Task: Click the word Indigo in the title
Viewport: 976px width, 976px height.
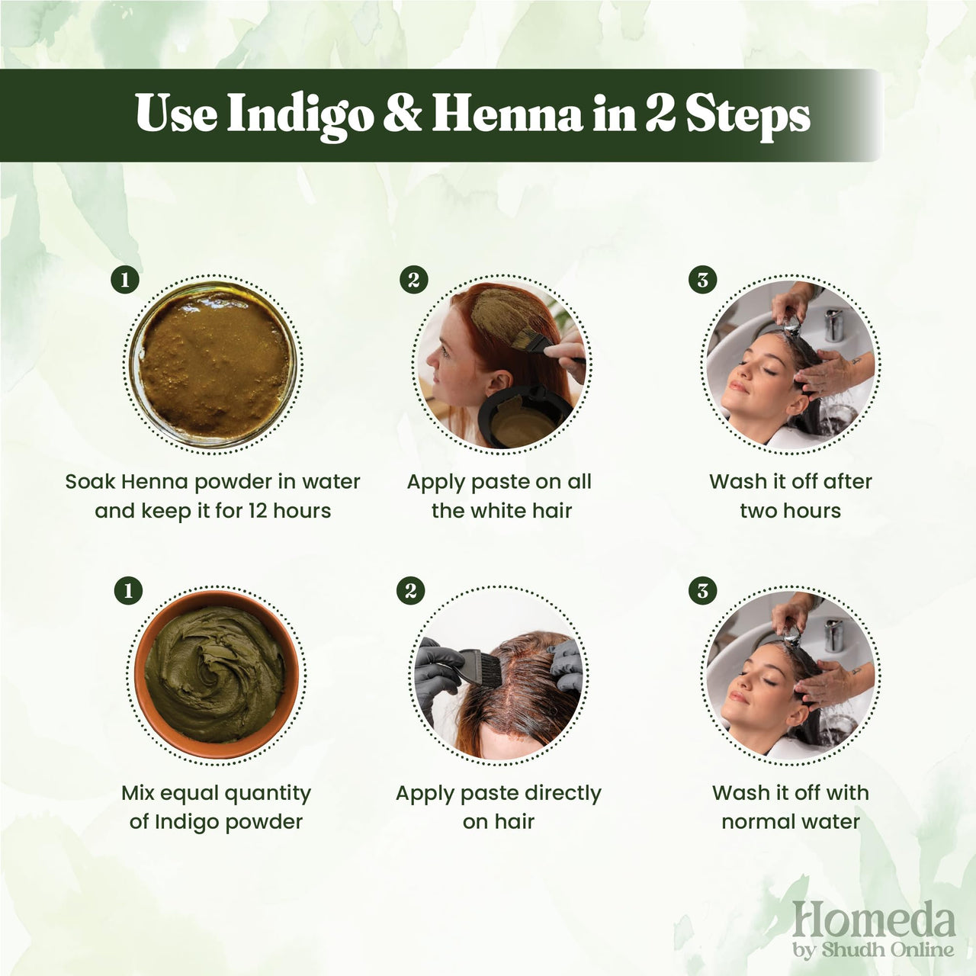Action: (300, 116)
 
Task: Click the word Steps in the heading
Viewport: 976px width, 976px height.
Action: (746, 116)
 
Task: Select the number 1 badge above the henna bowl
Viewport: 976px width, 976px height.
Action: (125, 279)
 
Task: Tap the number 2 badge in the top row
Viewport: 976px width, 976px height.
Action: (413, 279)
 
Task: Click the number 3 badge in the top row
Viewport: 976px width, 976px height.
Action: (702, 279)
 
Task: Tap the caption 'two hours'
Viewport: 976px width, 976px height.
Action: (790, 510)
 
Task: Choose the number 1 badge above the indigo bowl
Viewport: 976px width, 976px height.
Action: (127, 590)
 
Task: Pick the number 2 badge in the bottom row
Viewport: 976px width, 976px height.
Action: (411, 590)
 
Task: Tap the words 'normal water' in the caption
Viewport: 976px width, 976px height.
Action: (790, 821)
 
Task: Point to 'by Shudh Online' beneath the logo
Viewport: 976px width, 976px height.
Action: (873, 949)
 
